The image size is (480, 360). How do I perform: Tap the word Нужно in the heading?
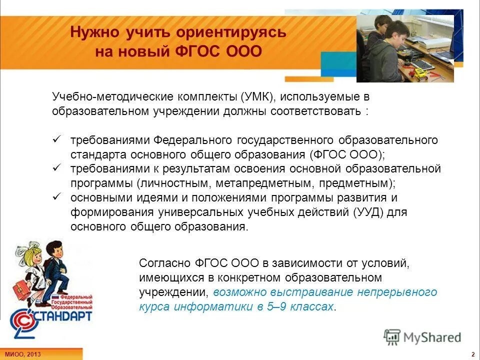(91, 32)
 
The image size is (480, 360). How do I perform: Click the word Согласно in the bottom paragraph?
(163, 262)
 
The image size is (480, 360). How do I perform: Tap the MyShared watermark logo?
(422, 337)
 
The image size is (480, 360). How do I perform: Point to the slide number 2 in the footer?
(472, 354)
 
